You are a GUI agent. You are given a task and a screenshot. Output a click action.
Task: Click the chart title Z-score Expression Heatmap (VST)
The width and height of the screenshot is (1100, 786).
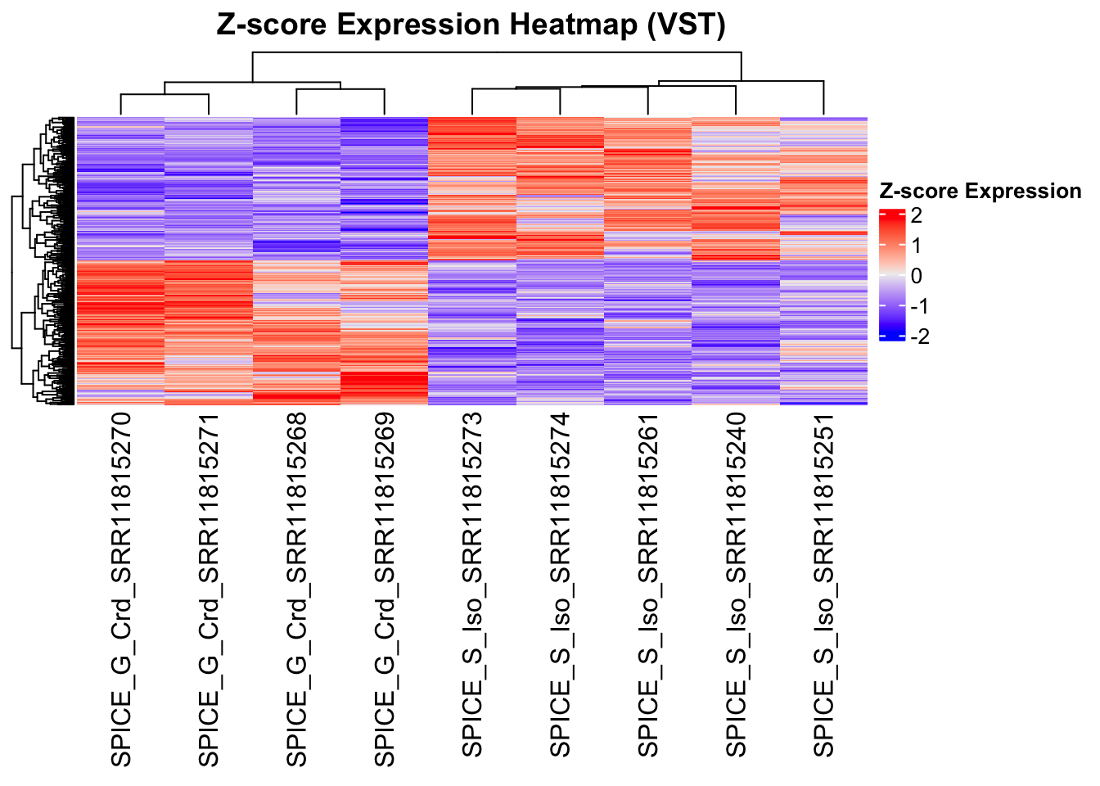coord(471,25)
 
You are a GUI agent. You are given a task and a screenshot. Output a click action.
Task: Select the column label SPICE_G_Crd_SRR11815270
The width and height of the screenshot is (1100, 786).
coord(121,589)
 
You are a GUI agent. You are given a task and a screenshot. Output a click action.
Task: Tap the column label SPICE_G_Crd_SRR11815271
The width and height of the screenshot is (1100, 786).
coord(209,589)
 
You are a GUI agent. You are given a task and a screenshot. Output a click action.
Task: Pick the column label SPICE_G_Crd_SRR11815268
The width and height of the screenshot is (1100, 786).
coord(297,589)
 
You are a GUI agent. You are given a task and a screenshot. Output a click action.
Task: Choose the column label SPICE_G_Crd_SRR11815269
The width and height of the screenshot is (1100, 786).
coord(385,589)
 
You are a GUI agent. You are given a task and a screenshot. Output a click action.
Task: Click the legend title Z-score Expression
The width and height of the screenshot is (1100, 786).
coord(980,192)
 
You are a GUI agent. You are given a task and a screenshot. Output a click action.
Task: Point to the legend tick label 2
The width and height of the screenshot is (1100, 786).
coord(916,216)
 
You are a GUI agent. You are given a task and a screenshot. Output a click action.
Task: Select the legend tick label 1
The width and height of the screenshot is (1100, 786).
coord(916,246)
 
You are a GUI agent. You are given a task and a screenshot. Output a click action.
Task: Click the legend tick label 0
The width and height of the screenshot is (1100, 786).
coord(916,276)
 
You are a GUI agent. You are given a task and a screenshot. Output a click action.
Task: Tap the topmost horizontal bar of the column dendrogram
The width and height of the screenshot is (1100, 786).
coord(497,52)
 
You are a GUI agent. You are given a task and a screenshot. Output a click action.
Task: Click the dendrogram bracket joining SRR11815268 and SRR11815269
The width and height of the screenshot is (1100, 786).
coord(340,89)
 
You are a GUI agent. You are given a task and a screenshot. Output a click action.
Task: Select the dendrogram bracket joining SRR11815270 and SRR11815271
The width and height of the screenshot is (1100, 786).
coord(165,95)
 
